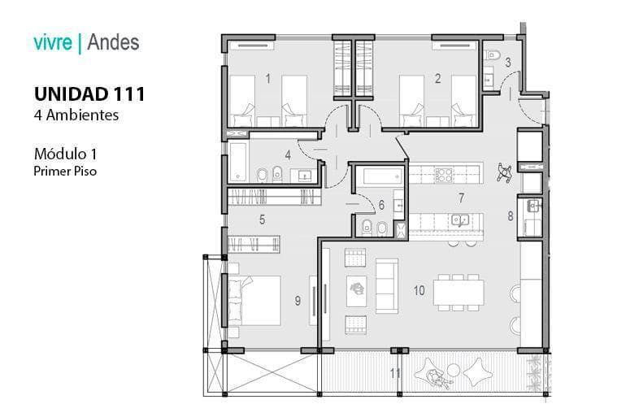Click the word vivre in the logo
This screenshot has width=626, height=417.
(x=53, y=42)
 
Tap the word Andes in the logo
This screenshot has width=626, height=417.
(x=113, y=42)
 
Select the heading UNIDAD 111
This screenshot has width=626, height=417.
(x=89, y=94)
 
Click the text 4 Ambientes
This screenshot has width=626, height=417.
(x=76, y=115)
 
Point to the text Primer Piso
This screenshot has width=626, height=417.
(x=65, y=172)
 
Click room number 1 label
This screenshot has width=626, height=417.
(x=268, y=79)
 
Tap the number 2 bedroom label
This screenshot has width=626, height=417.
(x=437, y=79)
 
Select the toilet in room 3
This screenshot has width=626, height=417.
(x=491, y=55)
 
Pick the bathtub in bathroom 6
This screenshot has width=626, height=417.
(x=380, y=176)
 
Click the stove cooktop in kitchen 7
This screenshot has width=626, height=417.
(x=444, y=175)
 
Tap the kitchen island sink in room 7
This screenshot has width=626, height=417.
(x=460, y=219)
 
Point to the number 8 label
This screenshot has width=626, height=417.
(x=511, y=216)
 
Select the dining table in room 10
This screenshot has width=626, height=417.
(x=459, y=293)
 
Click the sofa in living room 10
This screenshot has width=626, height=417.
(x=386, y=285)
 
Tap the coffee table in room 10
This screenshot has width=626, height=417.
(x=356, y=291)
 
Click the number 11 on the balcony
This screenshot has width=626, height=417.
(x=395, y=373)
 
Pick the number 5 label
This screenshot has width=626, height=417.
(x=262, y=219)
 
